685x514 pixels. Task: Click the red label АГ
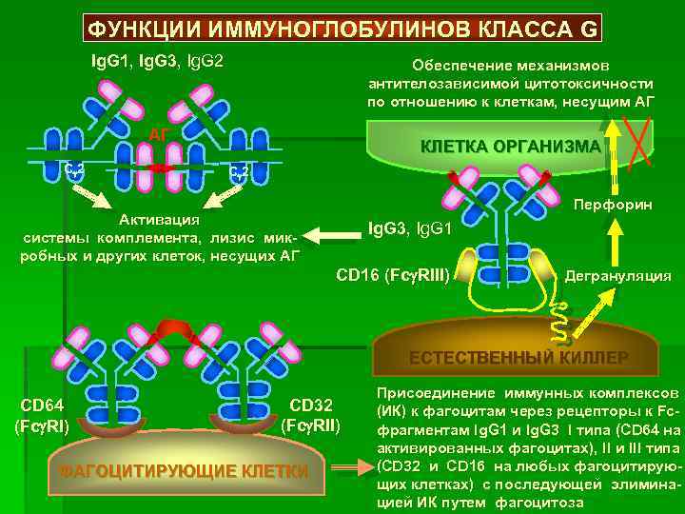(160, 133)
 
